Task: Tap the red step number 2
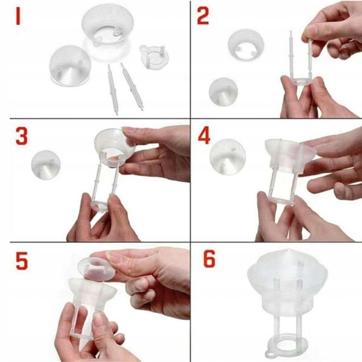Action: pos(203,16)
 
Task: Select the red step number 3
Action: pos(22,136)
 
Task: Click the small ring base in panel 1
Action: pos(154,57)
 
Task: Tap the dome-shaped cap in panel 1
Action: pos(70,66)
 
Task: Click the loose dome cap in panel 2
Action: pos(223,92)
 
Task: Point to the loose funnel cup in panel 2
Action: pos(246,45)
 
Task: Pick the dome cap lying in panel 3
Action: pos(46,165)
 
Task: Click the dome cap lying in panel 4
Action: pos(228,157)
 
